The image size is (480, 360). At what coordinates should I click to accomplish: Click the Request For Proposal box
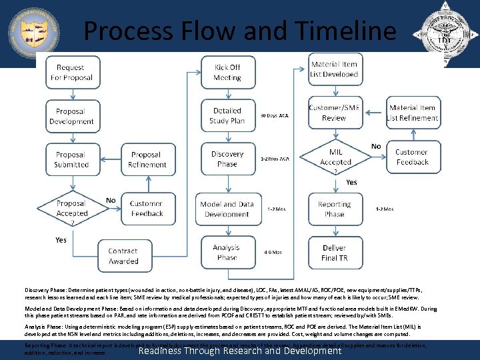coord(71,73)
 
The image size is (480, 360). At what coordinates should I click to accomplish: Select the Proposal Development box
coord(71,117)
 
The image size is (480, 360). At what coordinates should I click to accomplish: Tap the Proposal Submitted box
coord(71,159)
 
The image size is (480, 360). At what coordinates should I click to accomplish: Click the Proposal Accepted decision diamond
coord(71,208)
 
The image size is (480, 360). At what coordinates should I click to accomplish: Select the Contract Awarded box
coord(123,256)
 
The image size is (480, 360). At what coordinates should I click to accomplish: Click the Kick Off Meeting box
coord(227,73)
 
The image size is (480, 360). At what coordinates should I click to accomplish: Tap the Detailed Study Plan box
coord(227,115)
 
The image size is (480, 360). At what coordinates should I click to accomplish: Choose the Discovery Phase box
coord(227,159)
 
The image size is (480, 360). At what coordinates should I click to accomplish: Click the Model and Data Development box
coord(227,209)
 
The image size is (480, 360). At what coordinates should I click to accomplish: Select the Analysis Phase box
coord(227,252)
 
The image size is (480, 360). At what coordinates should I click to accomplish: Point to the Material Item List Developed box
coord(334,69)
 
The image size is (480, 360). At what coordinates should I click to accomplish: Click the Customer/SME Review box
coord(334,113)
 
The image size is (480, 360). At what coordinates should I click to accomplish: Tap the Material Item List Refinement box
coord(413,113)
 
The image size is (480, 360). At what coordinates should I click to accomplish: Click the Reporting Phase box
coord(334,209)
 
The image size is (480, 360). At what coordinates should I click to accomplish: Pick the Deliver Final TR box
coord(334,253)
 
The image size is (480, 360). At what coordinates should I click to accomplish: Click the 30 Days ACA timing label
coord(275,115)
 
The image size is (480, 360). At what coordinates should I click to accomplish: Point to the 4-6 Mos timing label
coord(273,252)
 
